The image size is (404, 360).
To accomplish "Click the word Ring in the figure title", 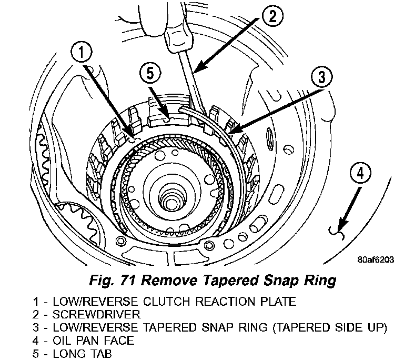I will [320, 280].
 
